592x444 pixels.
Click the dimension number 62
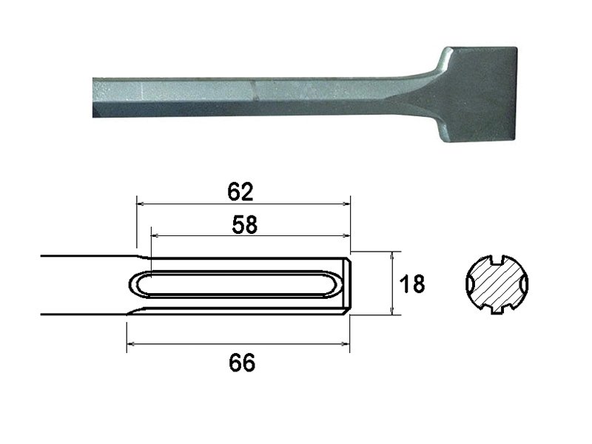[241, 192]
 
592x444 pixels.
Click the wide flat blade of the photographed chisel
[477, 96]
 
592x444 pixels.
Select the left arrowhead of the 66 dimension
[130, 344]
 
